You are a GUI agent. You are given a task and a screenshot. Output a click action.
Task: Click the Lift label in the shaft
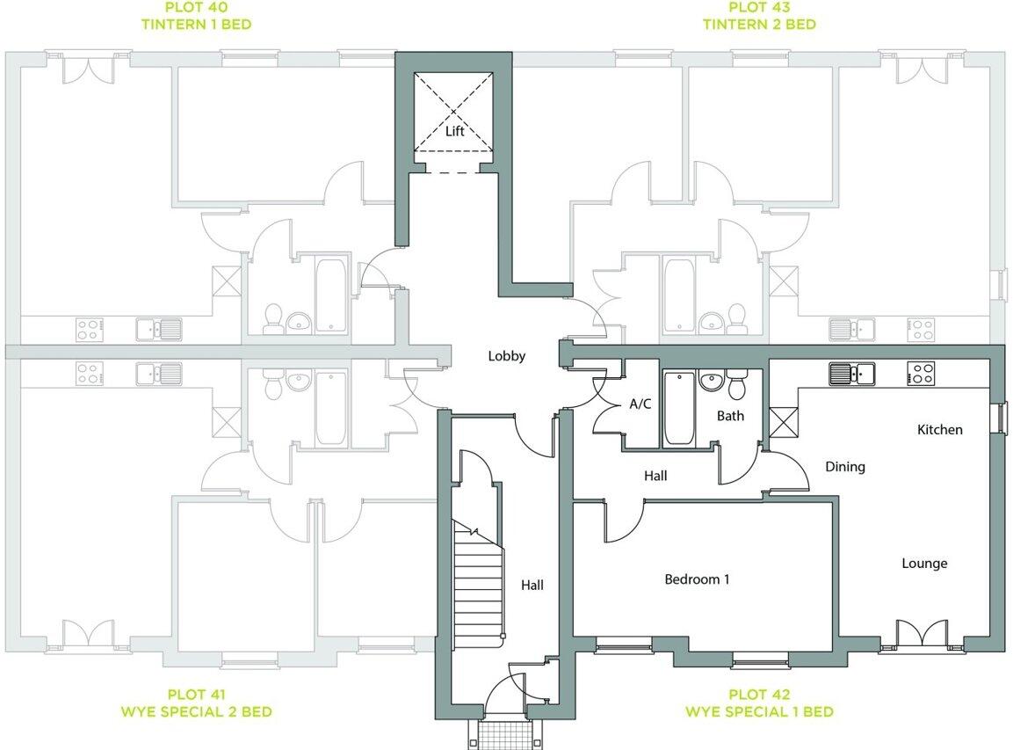(454, 131)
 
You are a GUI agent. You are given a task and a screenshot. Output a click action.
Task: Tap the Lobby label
(507, 356)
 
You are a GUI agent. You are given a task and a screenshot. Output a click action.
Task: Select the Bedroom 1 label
(697, 579)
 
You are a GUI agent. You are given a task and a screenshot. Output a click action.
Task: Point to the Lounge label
(924, 563)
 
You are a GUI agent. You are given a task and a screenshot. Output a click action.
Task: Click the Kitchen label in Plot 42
(939, 430)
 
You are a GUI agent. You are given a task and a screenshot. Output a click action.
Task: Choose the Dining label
(844, 467)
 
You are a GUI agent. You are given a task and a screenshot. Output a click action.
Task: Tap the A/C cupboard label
(640, 404)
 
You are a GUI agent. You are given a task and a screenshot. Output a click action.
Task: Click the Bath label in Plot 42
(730, 416)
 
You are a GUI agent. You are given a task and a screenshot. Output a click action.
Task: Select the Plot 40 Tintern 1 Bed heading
(197, 16)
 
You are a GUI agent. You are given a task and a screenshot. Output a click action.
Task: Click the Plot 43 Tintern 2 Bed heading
(759, 16)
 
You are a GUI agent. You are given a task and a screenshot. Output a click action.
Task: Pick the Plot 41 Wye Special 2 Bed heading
(196, 703)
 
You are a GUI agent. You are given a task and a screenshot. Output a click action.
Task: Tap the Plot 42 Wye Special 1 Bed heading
(759, 703)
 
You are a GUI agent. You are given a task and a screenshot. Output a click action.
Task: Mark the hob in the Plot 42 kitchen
(921, 374)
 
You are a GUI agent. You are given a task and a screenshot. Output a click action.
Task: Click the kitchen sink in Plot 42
(850, 374)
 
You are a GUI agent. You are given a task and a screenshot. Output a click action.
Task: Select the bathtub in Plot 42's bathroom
(677, 409)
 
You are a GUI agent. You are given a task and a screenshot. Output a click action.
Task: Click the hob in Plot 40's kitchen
(89, 330)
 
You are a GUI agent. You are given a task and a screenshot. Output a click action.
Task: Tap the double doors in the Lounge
(922, 636)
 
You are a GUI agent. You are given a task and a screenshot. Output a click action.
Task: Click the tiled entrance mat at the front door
(505, 734)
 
